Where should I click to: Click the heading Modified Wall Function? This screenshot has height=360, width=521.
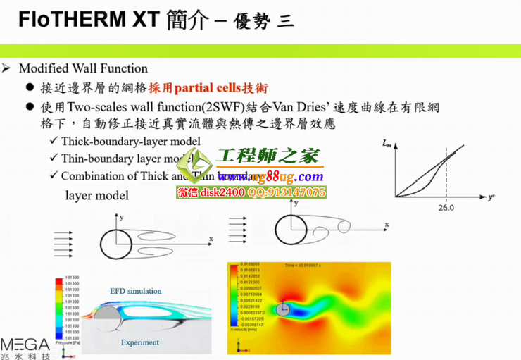tap(83, 68)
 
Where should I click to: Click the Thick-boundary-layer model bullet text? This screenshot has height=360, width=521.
tap(130, 142)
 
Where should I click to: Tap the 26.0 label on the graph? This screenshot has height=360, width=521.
tap(446, 208)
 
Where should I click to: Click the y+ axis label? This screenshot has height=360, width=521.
tap(492, 197)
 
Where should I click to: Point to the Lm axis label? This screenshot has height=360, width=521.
tap(386, 144)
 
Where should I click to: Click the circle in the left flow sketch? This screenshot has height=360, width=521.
tap(115, 244)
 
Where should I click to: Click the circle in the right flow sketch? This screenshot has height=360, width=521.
tap(289, 230)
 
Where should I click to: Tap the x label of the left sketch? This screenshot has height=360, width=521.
tap(211, 240)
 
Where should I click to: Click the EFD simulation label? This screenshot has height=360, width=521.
tap(136, 291)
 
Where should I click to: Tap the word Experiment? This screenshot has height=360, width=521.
tap(139, 342)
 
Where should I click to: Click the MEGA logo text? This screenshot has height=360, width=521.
tap(25, 345)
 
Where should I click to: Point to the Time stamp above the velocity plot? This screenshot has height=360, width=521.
tap(313, 266)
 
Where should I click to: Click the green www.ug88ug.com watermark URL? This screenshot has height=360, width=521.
tap(271, 176)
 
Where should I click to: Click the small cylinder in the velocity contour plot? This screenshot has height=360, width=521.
tap(283, 308)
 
